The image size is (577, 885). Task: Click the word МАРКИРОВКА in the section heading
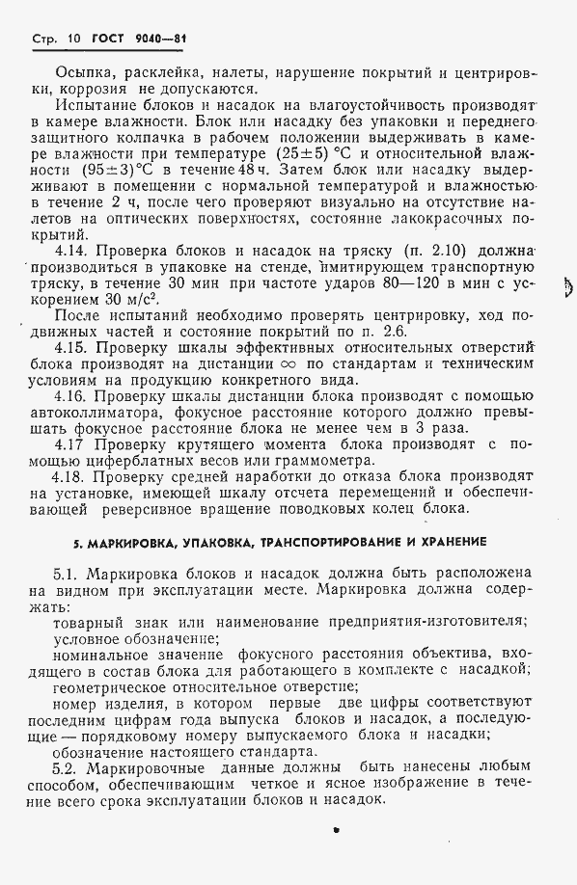click(x=117, y=541)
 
